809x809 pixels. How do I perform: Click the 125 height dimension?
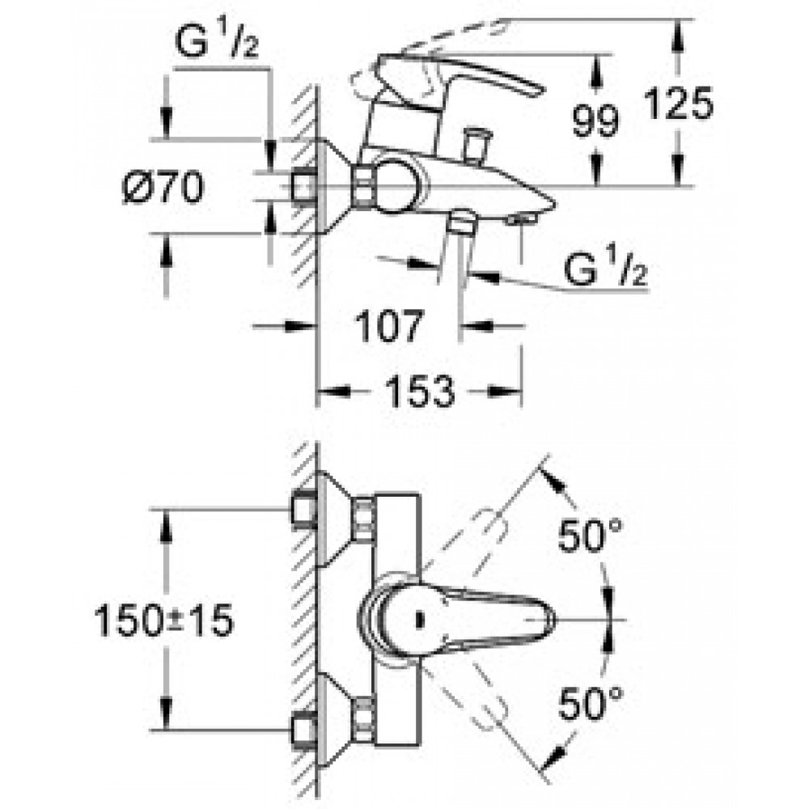click(679, 104)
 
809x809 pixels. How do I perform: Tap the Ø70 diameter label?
click(163, 188)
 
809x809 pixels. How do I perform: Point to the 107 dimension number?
click(390, 326)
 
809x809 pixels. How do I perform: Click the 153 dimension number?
click(421, 391)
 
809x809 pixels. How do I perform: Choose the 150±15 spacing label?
click(164, 621)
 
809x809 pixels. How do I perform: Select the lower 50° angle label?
click(591, 703)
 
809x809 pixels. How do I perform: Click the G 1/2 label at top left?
click(217, 41)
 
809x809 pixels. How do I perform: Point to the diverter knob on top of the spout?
click(477, 146)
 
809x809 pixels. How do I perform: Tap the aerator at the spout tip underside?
click(521, 220)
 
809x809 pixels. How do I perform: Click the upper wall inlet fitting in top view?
click(304, 510)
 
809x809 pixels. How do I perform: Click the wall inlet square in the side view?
click(305, 187)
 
